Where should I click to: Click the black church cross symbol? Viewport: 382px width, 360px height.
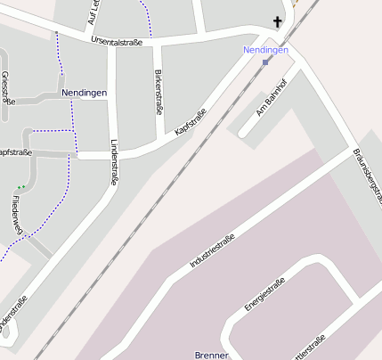click(x=277, y=23)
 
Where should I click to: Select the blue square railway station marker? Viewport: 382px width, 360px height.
click(x=265, y=62)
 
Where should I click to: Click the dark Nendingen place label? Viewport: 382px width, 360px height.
click(x=85, y=93)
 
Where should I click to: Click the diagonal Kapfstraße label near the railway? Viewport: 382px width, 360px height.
click(x=191, y=122)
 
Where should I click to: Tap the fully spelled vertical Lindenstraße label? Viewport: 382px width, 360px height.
click(x=113, y=160)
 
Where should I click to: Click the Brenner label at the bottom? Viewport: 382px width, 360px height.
click(x=212, y=355)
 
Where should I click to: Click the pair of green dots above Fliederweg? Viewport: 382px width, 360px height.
click(x=20, y=187)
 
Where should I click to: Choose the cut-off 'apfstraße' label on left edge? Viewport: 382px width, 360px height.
click(x=15, y=152)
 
